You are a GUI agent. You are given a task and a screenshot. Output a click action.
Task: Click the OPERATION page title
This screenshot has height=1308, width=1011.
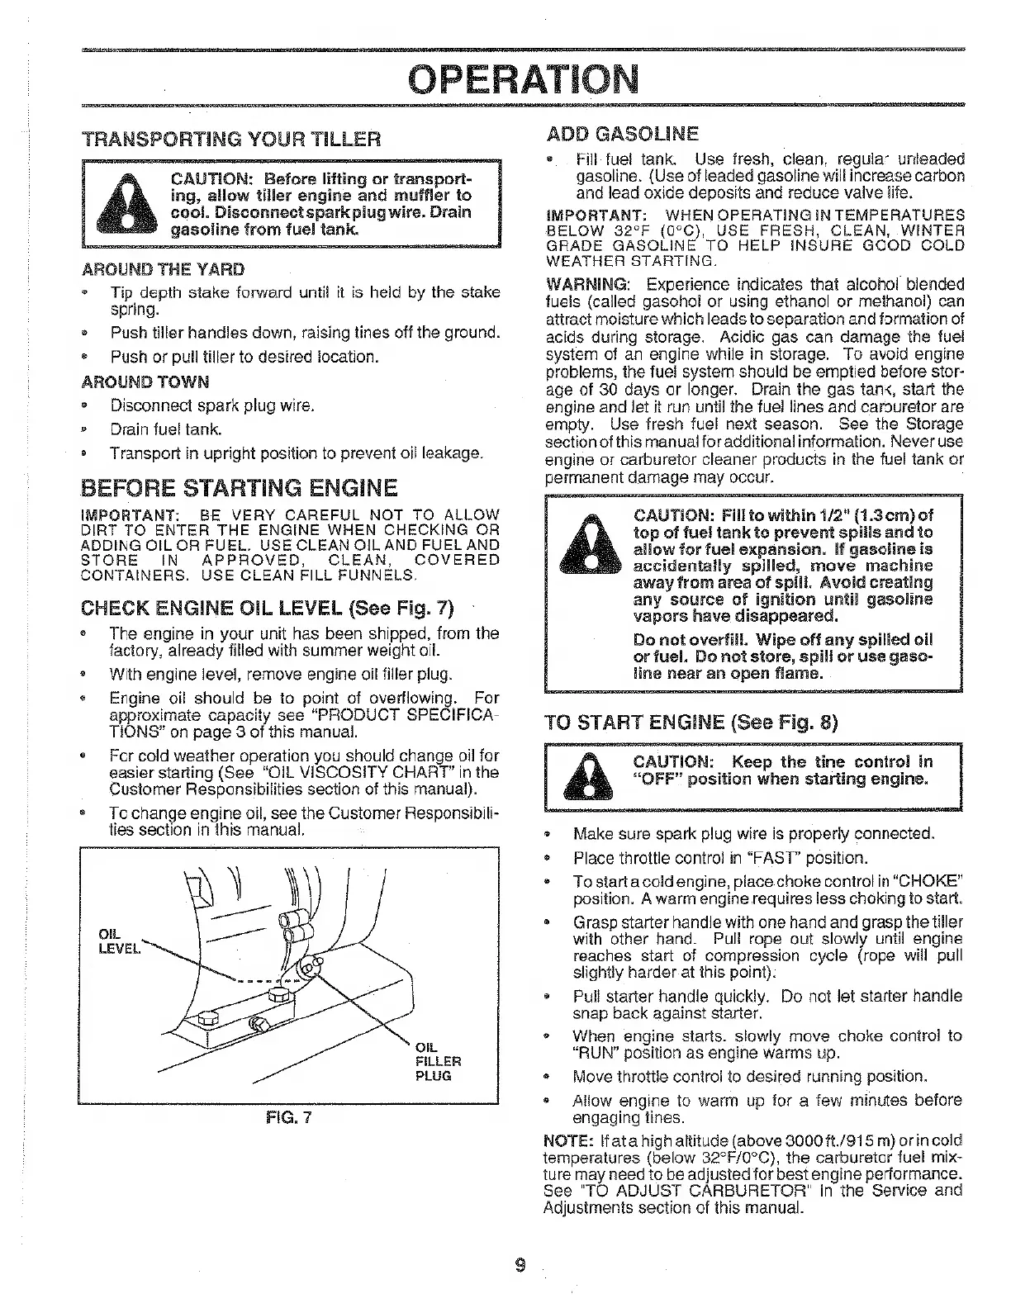pos(524,79)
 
